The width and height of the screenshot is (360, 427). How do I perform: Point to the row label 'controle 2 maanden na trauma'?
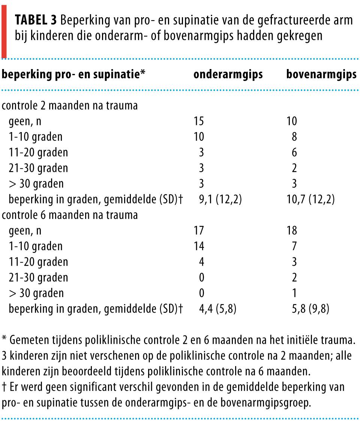pos(70,106)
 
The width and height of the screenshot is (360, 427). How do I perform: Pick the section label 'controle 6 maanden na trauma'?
pos(70,215)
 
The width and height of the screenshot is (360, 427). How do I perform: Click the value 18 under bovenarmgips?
pos(291,231)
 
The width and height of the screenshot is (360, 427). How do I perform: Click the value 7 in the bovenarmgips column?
pos(294,246)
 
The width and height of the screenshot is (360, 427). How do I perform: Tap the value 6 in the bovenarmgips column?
pos(294,152)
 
